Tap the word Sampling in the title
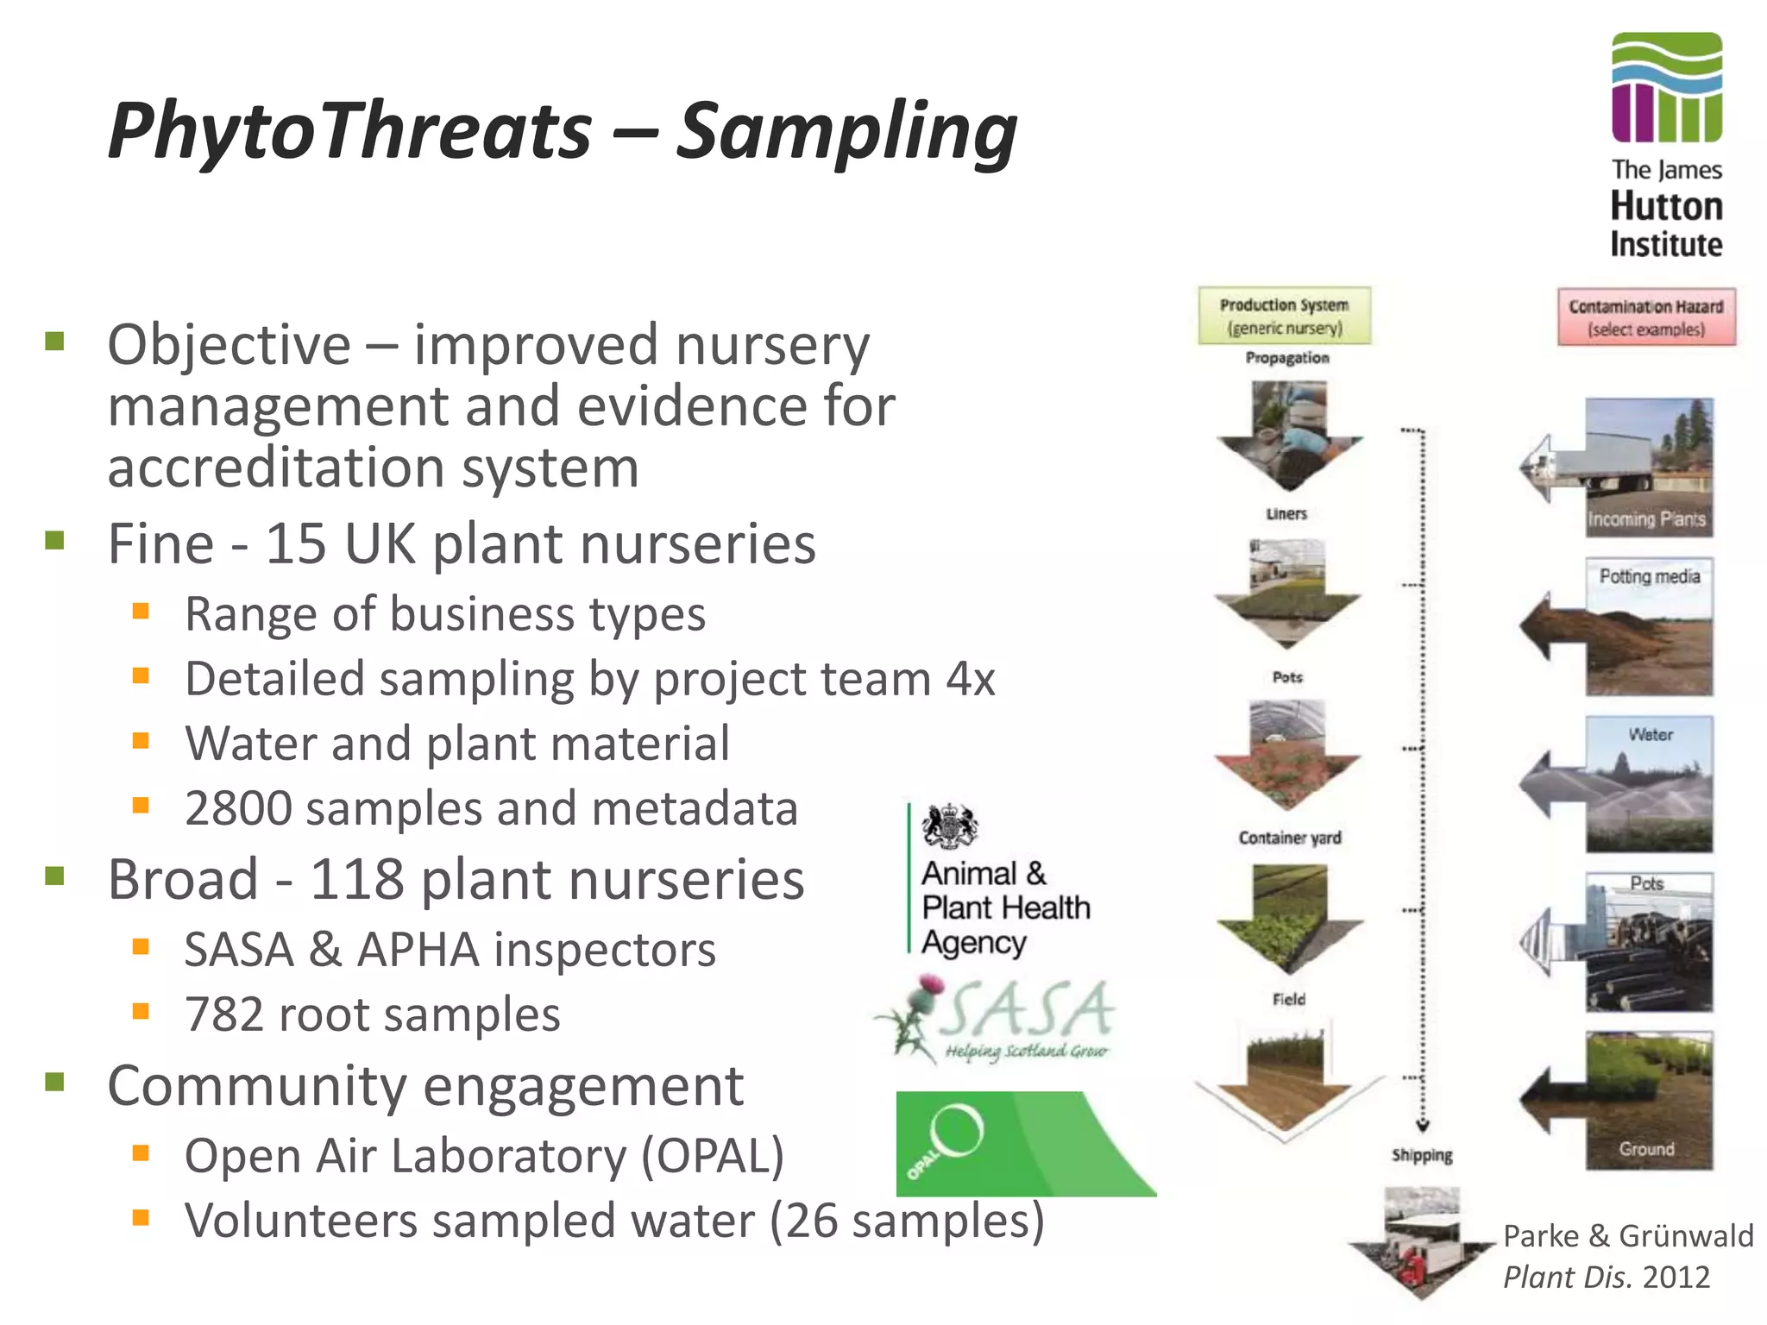click(846, 131)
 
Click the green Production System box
click(1284, 316)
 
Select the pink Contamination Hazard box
click(1645, 317)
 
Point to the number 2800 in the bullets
click(238, 809)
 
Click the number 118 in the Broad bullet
click(356, 880)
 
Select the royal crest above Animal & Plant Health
click(949, 826)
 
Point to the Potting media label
click(1649, 576)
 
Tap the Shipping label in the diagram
click(1421, 1155)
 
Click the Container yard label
click(1289, 838)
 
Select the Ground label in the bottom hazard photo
click(1646, 1149)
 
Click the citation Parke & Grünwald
click(1627, 1236)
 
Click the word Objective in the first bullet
click(229, 345)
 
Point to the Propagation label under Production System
click(1286, 358)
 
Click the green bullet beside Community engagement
click(55, 1082)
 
